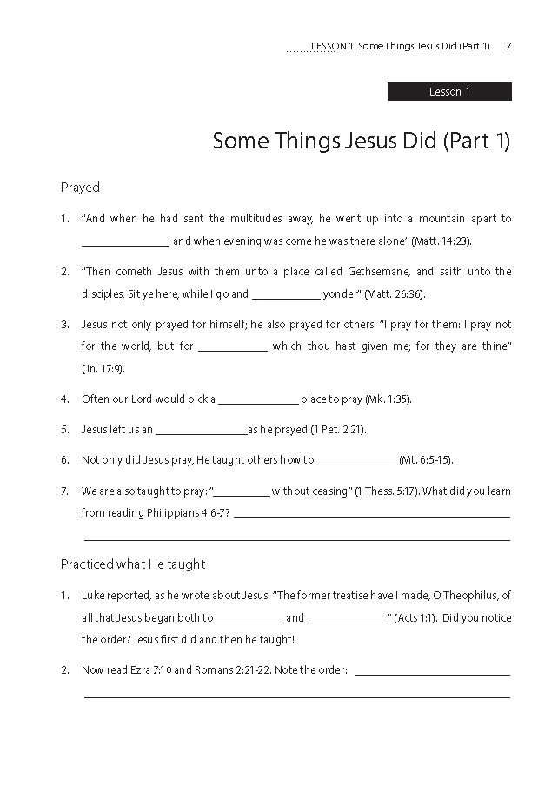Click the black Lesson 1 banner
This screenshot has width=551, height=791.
point(449,92)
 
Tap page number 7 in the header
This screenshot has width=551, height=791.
point(508,46)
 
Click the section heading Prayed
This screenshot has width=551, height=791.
point(80,188)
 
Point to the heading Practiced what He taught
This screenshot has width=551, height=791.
point(133,564)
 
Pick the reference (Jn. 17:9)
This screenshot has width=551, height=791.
point(103,369)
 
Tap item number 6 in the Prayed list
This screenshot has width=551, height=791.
point(64,460)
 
